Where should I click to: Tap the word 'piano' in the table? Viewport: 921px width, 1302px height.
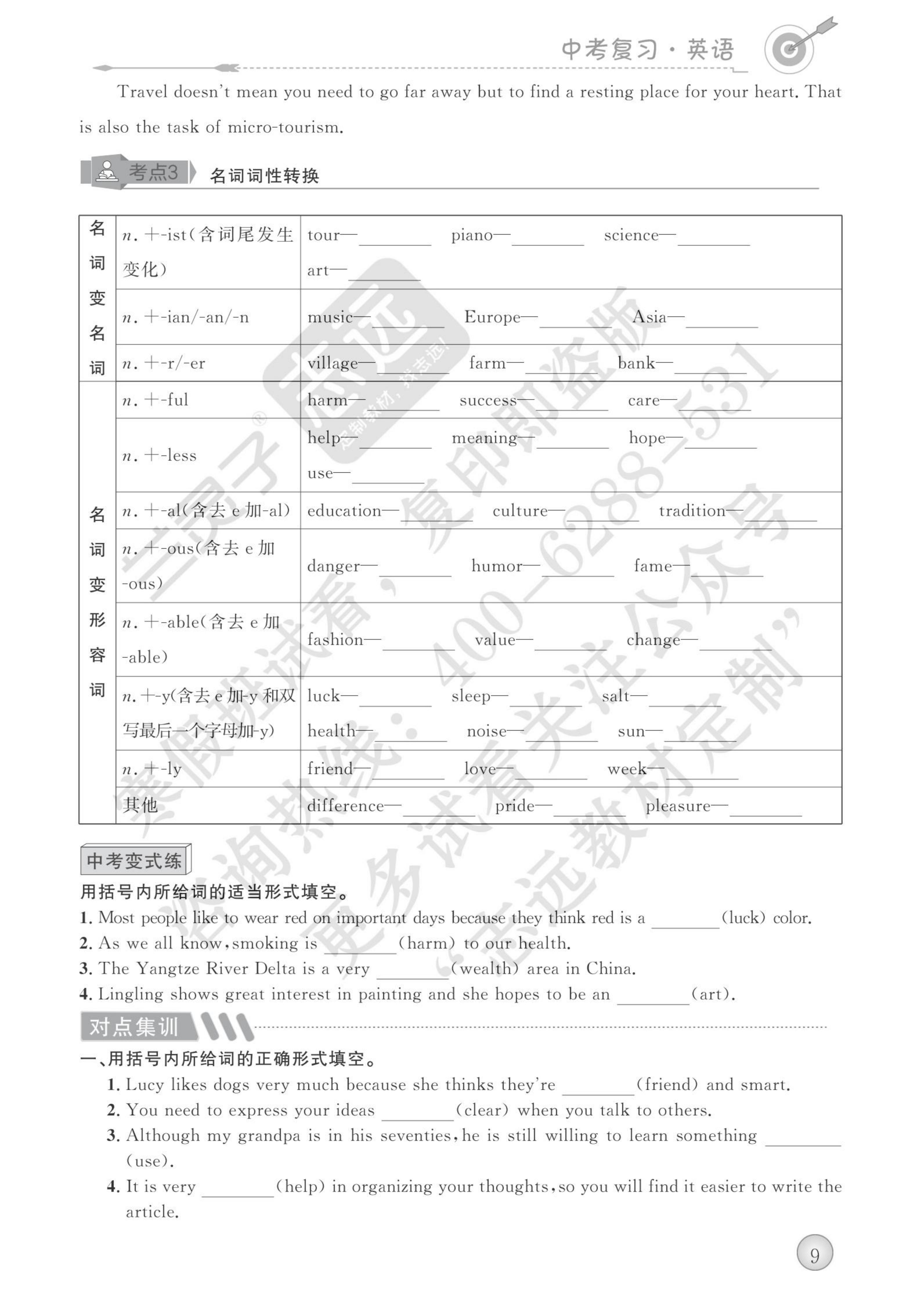tap(472, 235)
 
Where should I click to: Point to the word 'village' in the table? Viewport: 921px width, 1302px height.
tap(333, 364)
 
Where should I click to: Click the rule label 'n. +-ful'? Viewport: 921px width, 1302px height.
tap(155, 400)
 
